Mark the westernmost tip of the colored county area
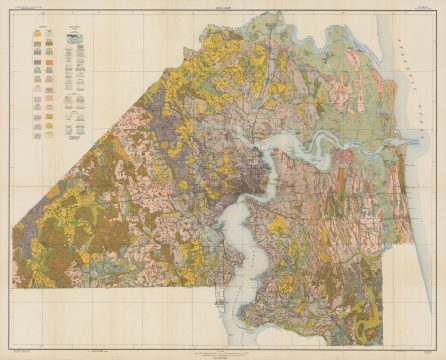14,228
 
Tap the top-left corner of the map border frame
12,13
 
